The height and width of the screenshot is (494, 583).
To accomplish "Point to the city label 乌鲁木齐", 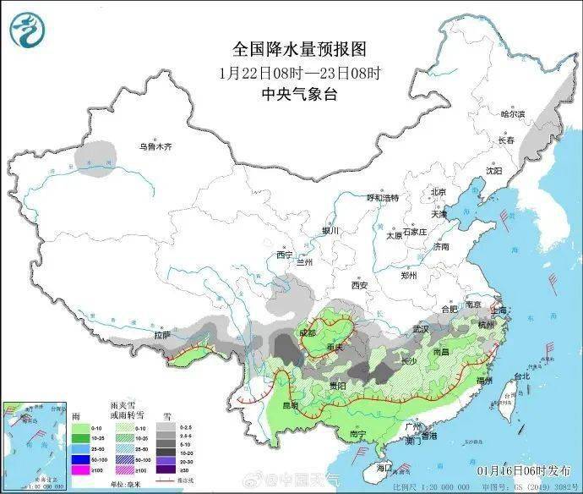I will coord(155,147).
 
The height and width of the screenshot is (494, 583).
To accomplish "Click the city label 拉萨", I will coord(162,336).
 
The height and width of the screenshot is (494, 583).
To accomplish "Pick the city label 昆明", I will coord(291,405).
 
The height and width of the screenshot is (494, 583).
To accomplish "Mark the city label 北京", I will coord(438,191).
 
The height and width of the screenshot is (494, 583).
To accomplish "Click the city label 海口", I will coord(384,467).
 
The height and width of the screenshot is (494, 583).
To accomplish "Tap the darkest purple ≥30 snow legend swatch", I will coord(169,469).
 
